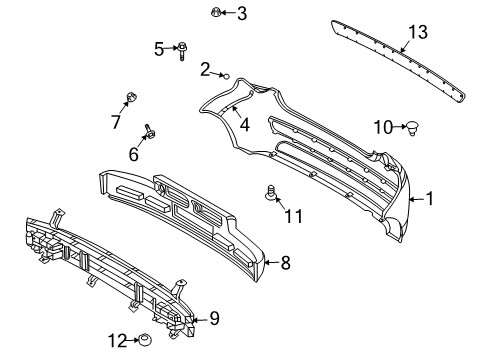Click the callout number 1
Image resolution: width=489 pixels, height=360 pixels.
tap(430, 198)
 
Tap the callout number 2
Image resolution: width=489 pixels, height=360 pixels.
tap(204, 69)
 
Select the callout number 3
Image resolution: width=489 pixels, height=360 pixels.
tap(241, 14)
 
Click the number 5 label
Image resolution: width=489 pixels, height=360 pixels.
tap(159, 48)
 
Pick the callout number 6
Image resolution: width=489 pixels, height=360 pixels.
tap(132, 154)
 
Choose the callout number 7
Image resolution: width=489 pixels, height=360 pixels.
tap(116, 122)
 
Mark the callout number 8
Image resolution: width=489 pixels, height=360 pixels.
tap(285, 263)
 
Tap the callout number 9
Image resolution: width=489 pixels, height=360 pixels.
tap(213, 320)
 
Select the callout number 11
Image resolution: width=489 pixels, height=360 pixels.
tap(292, 214)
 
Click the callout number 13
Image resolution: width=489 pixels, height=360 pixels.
tap(416, 32)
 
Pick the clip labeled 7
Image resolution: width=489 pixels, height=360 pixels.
tap(130, 97)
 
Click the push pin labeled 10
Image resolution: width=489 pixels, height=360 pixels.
tap(410, 127)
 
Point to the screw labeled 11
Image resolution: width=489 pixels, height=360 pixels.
tap(268, 192)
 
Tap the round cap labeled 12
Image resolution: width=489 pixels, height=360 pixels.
tap(146, 341)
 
